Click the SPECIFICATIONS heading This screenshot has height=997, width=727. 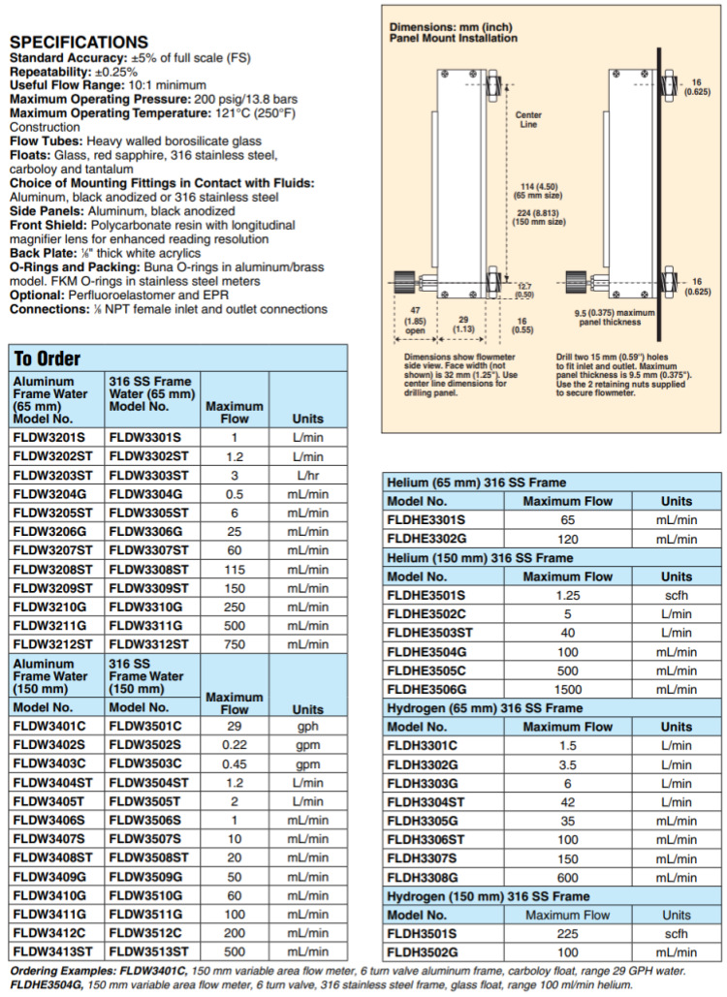[79, 42]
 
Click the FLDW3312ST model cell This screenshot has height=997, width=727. [150, 644]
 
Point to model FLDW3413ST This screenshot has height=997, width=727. [53, 951]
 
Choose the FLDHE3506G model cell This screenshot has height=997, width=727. [427, 689]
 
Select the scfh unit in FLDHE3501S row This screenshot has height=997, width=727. [677, 595]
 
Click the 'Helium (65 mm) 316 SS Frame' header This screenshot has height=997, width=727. [476, 483]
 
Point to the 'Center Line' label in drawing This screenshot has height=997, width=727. [528, 119]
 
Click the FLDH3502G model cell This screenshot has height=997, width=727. [424, 952]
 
